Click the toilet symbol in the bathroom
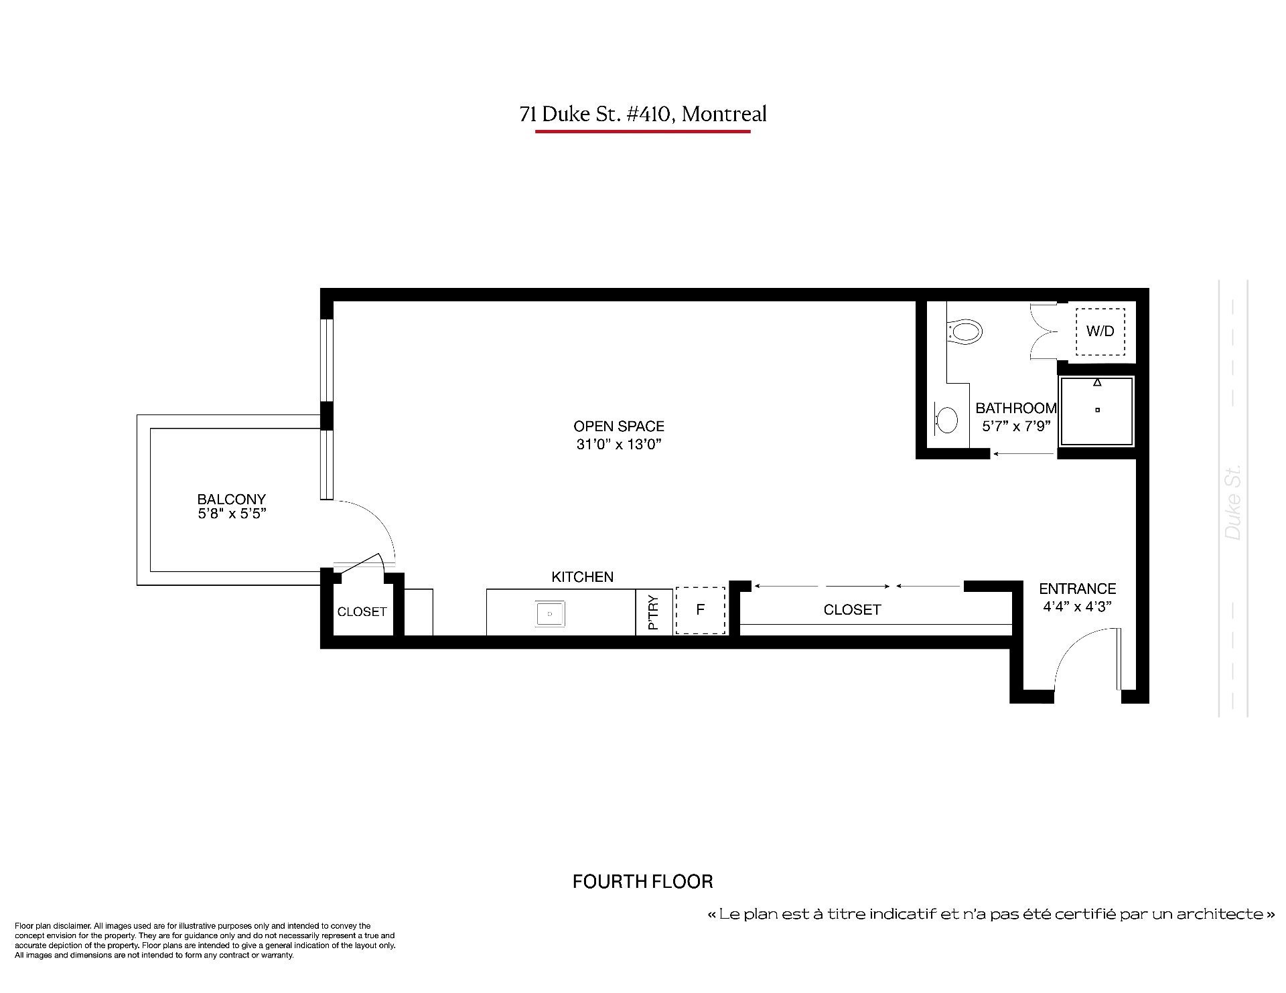click(964, 331)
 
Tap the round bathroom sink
click(946, 420)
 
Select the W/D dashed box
click(1100, 331)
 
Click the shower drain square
click(1097, 410)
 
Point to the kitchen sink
click(550, 613)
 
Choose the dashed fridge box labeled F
click(700, 610)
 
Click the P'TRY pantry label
click(654, 612)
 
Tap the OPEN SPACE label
click(619, 426)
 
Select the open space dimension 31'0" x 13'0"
click(619, 444)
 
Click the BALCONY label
click(231, 499)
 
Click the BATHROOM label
click(1016, 408)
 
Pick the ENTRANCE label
click(1078, 589)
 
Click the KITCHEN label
click(583, 577)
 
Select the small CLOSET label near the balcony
click(362, 611)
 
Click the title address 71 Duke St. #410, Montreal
click(643, 114)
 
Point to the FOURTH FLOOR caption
click(643, 881)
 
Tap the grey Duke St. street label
click(1233, 502)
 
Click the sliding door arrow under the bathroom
click(1023, 454)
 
